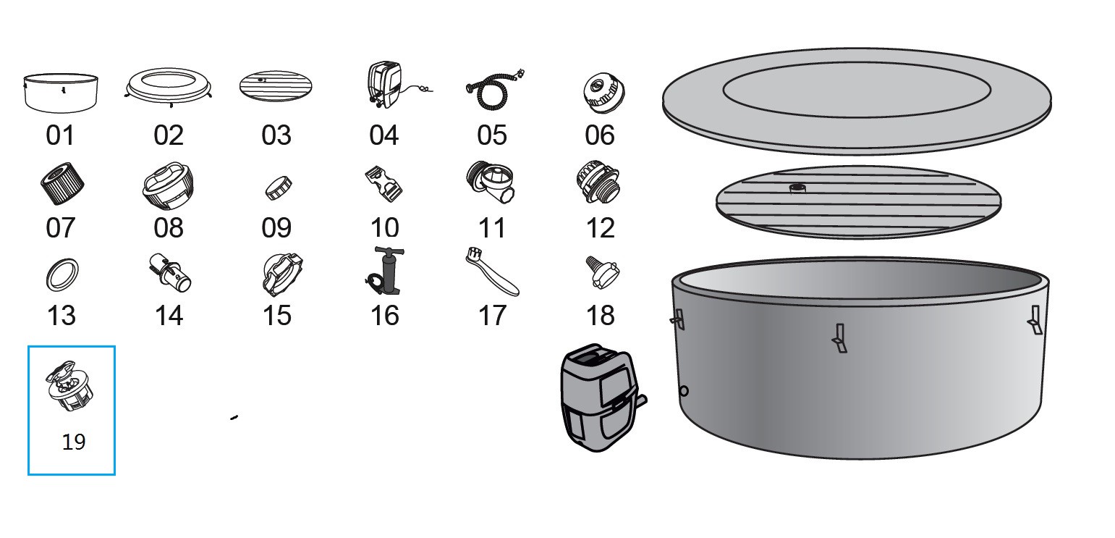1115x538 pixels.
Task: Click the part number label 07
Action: pyautogui.click(x=60, y=227)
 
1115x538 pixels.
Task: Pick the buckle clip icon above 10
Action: pyautogui.click(x=383, y=184)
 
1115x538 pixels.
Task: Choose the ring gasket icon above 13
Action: pyautogui.click(x=62, y=275)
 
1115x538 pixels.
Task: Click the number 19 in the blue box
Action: pyautogui.click(x=74, y=442)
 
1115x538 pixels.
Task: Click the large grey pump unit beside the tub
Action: pyautogui.click(x=598, y=398)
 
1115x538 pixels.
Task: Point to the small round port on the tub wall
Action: pyautogui.click(x=684, y=391)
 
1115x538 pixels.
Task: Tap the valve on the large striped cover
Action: pyautogui.click(x=797, y=188)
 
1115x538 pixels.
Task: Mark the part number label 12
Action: pyautogui.click(x=600, y=227)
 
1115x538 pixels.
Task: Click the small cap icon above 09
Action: pyautogui.click(x=279, y=187)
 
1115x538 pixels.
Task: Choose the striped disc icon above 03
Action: pyautogui.click(x=276, y=86)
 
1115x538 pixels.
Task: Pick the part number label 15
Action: pyautogui.click(x=276, y=315)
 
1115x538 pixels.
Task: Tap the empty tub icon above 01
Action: pyautogui.click(x=62, y=92)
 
